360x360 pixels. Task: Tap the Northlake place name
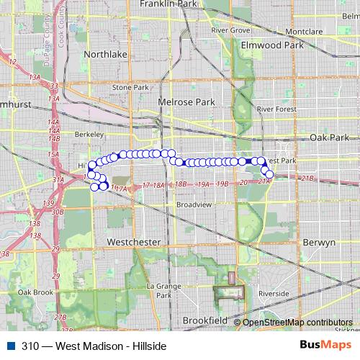(105, 54)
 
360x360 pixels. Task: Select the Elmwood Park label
(272, 45)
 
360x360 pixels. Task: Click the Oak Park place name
(328, 137)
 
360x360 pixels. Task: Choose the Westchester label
(132, 243)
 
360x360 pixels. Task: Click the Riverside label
(274, 294)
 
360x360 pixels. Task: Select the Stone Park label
(130, 87)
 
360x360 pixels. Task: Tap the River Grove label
(230, 31)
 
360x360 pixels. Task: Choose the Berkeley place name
(90, 134)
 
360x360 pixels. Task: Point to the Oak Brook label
(35, 292)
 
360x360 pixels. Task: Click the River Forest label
(276, 109)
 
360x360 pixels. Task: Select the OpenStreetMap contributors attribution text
(297, 323)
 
